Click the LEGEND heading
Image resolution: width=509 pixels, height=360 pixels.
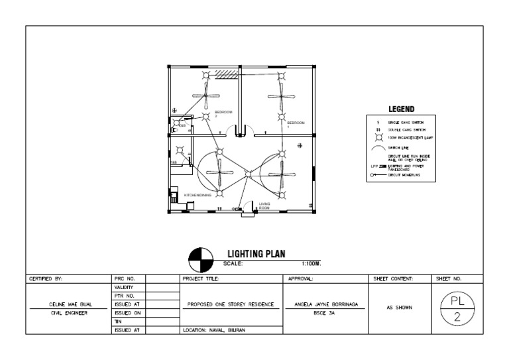coord(401,109)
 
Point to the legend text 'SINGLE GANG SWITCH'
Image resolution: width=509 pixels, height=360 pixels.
coord(406,123)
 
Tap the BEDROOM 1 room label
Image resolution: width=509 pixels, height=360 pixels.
coord(296,124)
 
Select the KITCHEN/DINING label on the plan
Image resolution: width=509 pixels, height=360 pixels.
coord(198,196)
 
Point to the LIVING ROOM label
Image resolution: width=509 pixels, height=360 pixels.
coord(264,206)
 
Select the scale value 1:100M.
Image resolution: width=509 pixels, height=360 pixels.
coord(311,263)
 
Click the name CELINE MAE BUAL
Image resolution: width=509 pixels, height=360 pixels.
coord(69,305)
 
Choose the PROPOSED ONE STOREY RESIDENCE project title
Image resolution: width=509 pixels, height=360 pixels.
coord(231,305)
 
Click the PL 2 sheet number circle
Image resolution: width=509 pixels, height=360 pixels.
coord(457,309)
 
